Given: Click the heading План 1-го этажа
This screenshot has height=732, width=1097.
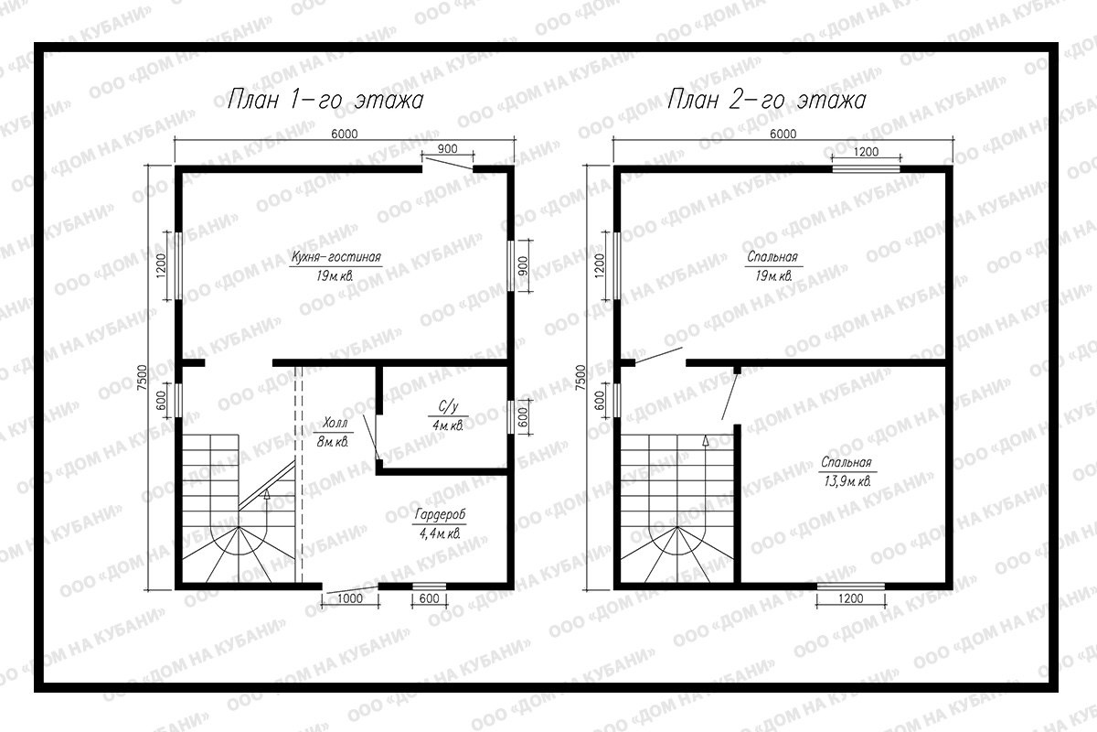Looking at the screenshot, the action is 325,100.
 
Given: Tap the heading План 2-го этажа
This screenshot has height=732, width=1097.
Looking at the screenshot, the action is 766,100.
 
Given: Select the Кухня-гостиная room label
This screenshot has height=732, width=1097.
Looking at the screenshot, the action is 336,257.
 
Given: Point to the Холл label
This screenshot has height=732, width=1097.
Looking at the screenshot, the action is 335,423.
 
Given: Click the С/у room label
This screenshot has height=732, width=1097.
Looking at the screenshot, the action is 448,406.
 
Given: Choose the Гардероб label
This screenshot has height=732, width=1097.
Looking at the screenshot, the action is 440,515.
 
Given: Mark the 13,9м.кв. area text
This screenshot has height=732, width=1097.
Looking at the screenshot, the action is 847,481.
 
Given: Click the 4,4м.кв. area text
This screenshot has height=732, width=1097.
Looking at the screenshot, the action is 440,533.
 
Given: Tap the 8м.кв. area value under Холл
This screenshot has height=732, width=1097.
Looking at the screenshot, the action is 333,442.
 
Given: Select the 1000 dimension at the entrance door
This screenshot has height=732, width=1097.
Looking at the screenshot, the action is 349,598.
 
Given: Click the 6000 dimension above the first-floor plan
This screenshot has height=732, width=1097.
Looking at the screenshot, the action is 345,134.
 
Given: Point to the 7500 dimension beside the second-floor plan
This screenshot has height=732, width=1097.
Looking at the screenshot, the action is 580,377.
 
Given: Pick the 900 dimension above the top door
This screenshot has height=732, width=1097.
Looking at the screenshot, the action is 447,148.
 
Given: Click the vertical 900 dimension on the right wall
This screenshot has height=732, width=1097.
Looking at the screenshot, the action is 523,265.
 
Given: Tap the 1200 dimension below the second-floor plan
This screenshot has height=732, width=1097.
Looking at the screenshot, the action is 851,598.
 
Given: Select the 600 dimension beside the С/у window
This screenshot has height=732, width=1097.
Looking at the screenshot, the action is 523,416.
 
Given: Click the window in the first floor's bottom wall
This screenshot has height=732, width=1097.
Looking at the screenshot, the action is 429,586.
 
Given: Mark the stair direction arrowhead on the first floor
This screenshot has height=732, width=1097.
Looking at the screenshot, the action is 266,494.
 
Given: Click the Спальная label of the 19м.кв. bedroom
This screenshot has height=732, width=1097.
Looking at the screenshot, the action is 772,257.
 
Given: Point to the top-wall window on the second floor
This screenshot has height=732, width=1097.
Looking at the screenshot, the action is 867,169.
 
